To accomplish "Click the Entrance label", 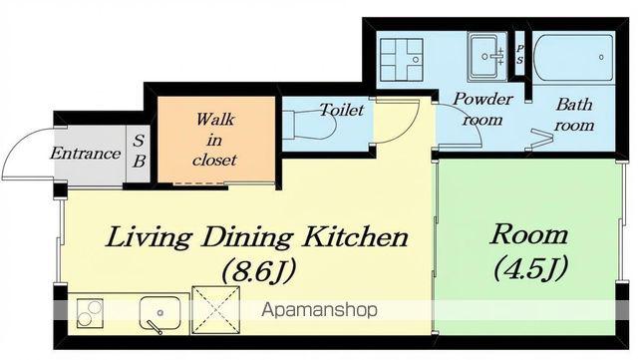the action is click(86, 154).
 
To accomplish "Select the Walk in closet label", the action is click(214, 140).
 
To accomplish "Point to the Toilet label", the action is click(341, 110).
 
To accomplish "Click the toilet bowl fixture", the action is click(308, 125).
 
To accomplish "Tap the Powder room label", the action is click(482, 110).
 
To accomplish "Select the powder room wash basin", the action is click(487, 56).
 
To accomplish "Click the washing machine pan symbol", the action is click(401, 60).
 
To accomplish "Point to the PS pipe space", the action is click(519, 54).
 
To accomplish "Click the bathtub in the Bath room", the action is click(573, 59).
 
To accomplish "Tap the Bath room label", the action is click(574, 115).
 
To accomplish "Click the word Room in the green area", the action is click(528, 234).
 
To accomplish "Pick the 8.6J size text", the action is click(258, 270).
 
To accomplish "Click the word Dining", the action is click(247, 237).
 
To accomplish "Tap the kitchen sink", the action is click(159, 313).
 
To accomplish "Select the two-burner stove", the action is click(90, 312).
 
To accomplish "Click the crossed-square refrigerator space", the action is click(215, 310).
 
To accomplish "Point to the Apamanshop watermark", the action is click(319, 310).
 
